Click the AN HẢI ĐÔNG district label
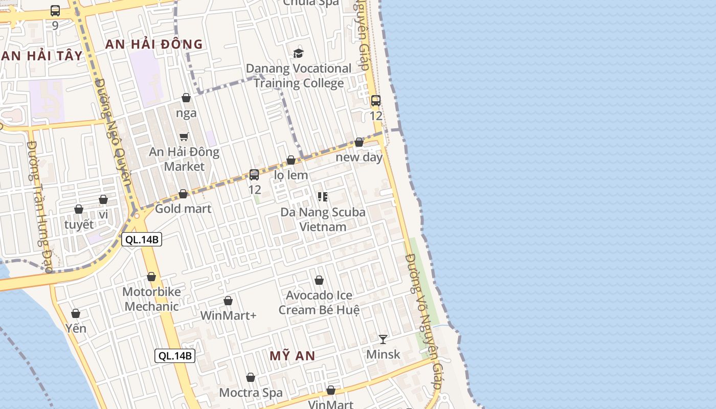[154, 44]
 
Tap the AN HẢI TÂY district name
[41, 56]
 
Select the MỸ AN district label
[292, 356]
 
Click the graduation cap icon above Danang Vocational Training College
[298, 53]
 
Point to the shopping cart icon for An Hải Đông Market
[184, 137]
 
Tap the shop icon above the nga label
[186, 98]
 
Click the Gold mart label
[183, 209]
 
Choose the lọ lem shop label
[291, 175]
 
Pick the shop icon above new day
[359, 142]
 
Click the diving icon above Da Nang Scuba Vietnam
[322, 197]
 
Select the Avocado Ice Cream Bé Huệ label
[319, 303]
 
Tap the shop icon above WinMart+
[228, 301]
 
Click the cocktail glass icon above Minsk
[383, 339]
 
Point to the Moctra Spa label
[251, 393]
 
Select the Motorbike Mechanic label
[151, 299]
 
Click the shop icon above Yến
[76, 313]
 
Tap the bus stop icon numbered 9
[55, 11]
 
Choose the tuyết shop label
[79, 224]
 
